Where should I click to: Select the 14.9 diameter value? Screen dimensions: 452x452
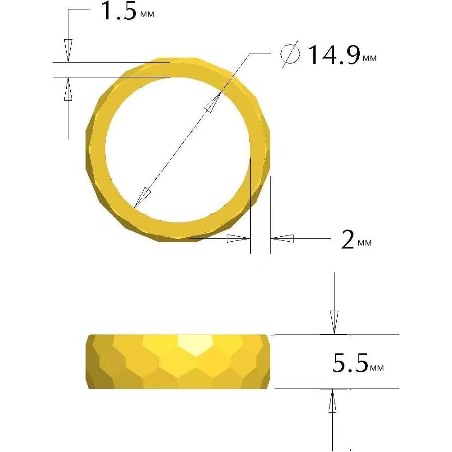pos(333,55)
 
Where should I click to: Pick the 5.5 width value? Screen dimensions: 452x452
pos(350,363)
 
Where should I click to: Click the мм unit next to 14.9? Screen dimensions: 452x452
pos(369,59)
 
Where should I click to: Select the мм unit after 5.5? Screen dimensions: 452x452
pos(377,368)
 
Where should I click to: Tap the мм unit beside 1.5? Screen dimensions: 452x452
pos(147,14)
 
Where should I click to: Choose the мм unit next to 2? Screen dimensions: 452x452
pos(365,243)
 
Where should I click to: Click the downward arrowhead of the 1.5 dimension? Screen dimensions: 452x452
pos(68,50)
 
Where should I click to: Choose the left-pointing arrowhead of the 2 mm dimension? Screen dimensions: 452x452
pos(282,238)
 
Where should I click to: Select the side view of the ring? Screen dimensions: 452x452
pos(178,362)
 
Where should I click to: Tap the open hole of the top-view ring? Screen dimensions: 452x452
pos(177,149)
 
